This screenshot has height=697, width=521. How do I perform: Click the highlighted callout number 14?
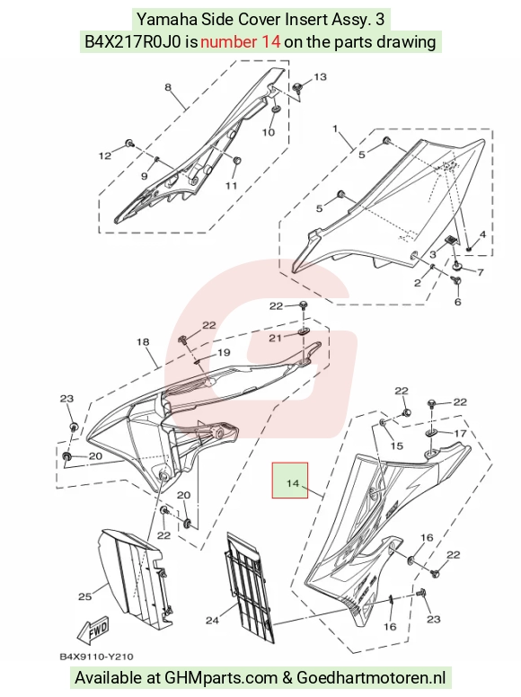pyautogui.click(x=293, y=482)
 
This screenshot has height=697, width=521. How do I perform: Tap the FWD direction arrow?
pyautogui.click(x=93, y=631)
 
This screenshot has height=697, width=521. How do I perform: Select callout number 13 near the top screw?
pyautogui.click(x=320, y=77)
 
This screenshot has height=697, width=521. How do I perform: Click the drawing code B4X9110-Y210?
pyautogui.click(x=96, y=657)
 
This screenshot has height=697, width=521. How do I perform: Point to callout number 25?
pyautogui.click(x=85, y=596)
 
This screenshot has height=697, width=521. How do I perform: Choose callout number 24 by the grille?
pyautogui.click(x=212, y=620)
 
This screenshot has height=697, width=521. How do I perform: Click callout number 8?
pyautogui.click(x=168, y=87)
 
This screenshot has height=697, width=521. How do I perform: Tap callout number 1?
pyautogui.click(x=335, y=129)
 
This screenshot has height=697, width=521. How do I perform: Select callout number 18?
pyautogui.click(x=143, y=342)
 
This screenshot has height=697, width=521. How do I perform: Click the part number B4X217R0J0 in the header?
pyautogui.click(x=132, y=42)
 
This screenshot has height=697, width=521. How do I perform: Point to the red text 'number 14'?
pyautogui.click(x=240, y=42)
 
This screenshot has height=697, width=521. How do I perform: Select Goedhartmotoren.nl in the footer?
pyautogui.click(x=371, y=678)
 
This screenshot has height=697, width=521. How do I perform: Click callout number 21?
pyautogui.click(x=275, y=339)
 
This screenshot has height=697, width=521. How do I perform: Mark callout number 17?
pyautogui.click(x=460, y=434)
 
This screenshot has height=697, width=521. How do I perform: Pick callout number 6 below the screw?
pyautogui.click(x=458, y=303)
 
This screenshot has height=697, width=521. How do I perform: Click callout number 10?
pyautogui.click(x=269, y=132)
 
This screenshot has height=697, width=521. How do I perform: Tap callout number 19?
pyautogui.click(x=224, y=352)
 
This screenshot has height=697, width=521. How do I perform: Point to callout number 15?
pyautogui.click(x=396, y=446)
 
